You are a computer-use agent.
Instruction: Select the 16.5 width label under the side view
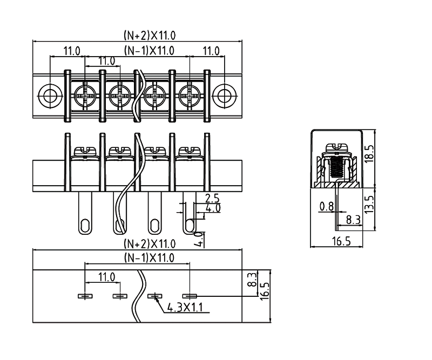(339, 241)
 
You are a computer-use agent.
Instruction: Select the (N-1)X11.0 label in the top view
(149, 51)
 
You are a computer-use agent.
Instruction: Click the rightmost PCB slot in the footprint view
(190, 296)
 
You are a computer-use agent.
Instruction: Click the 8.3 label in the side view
(353, 220)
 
